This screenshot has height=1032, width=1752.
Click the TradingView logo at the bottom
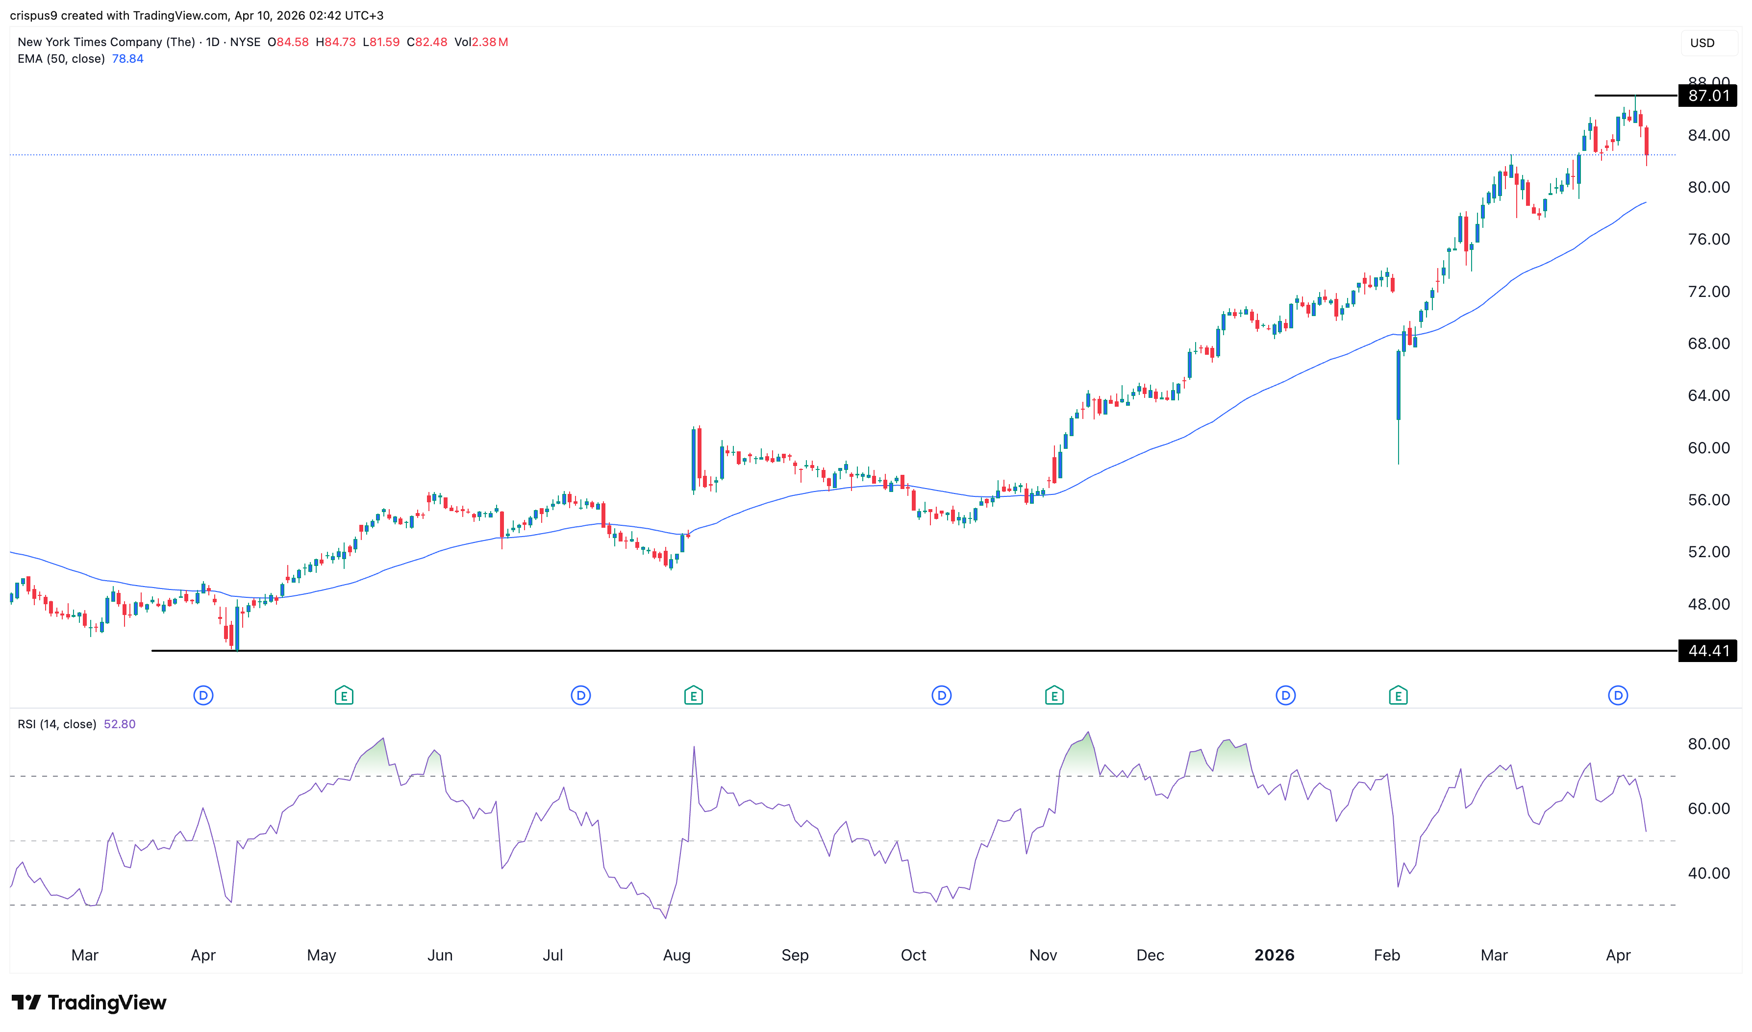pos(89,1002)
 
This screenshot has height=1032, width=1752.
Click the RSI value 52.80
pos(120,724)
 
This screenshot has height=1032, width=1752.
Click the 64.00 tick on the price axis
pos(1708,395)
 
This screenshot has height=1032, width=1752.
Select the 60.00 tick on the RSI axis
pos(1708,808)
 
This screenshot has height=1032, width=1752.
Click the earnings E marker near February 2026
pos(1398,695)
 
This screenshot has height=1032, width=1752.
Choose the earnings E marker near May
pos(344,695)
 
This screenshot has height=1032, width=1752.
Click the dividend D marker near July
pos(581,695)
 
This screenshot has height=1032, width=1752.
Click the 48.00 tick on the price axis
pos(1708,604)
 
